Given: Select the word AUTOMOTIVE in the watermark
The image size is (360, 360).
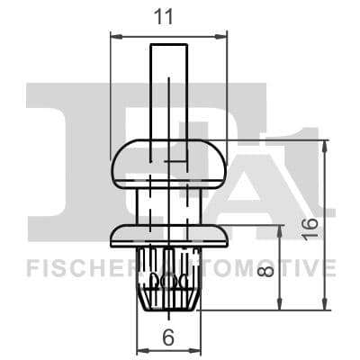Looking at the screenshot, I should pos(261,267).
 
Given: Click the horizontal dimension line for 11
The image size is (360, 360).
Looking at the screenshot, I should pos(168,37).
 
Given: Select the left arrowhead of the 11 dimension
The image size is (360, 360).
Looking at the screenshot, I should pos(113,37).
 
